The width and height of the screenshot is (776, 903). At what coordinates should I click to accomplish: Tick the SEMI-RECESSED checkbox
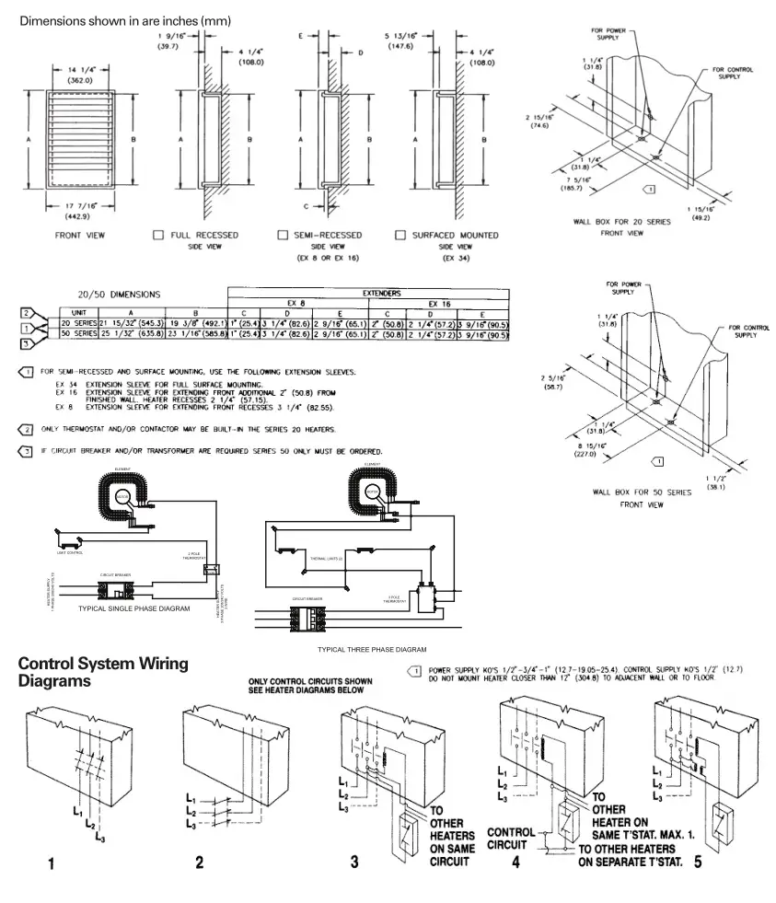[x=284, y=236]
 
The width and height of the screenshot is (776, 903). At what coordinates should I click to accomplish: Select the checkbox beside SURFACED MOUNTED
[x=400, y=236]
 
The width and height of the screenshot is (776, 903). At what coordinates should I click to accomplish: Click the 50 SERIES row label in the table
[x=78, y=334]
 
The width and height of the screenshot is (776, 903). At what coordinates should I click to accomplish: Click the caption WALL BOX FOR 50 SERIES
[x=644, y=492]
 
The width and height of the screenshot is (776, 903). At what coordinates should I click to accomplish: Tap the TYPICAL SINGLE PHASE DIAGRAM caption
[x=134, y=608]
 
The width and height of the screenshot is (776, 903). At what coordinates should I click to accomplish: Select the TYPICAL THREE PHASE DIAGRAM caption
[x=372, y=649]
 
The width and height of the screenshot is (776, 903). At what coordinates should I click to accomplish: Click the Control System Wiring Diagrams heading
[x=102, y=672]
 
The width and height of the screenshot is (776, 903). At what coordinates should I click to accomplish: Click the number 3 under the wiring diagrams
[x=354, y=862]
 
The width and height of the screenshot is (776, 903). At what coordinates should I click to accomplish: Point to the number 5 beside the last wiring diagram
[x=698, y=862]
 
